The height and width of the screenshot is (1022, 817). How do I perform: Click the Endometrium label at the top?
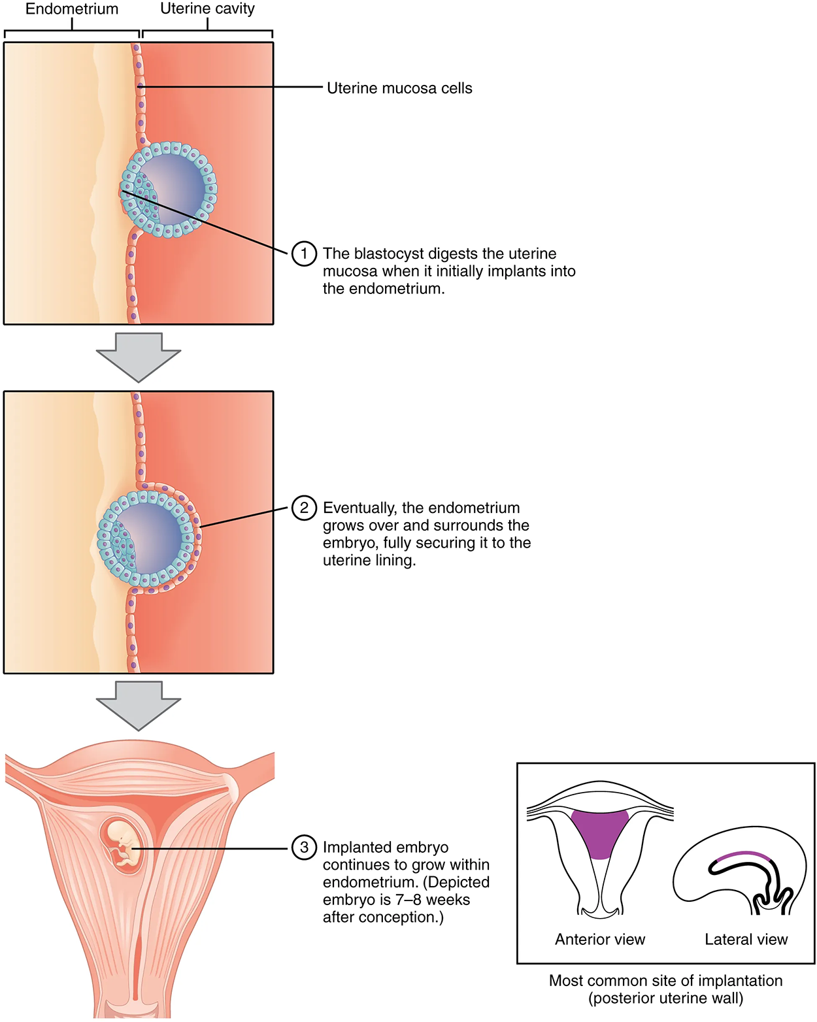(x=72, y=9)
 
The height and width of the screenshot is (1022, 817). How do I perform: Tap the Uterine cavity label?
(x=207, y=9)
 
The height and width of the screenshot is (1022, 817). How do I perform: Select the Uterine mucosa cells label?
(x=399, y=88)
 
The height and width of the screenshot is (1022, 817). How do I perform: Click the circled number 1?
(x=304, y=254)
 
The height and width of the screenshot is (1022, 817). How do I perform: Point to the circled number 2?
(x=304, y=508)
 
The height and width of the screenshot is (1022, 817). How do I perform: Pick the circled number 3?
(x=304, y=848)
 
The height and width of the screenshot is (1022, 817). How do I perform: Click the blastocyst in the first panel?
(x=169, y=190)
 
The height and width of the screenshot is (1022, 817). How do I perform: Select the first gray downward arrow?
(x=139, y=357)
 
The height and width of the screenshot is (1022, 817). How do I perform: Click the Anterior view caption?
(x=599, y=940)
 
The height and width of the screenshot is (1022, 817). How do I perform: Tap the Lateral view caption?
(x=746, y=940)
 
